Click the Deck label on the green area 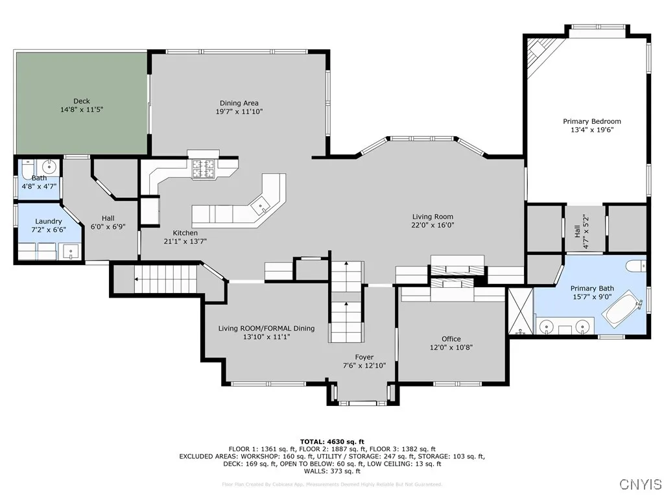pos(82,101)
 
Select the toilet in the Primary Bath pos(637,265)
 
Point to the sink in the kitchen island pos(261,207)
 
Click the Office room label pos(451,338)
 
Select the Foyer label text pos(364,357)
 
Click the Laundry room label pos(49,221)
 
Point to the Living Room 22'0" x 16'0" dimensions pos(433,226)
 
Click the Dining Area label pos(239,103)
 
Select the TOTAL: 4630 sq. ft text pos(332,441)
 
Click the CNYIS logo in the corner pos(640,484)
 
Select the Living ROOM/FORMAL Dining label pos(267,328)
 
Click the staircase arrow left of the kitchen pos(137,279)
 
